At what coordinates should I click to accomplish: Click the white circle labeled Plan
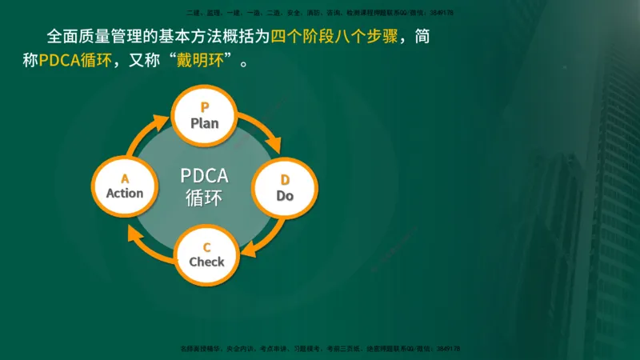(x=205, y=117)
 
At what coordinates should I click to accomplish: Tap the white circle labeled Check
(x=206, y=254)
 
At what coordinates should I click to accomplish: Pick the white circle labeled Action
(x=125, y=186)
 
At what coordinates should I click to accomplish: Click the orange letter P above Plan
(x=205, y=107)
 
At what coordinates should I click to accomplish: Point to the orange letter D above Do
(x=285, y=179)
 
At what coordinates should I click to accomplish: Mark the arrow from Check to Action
(x=149, y=242)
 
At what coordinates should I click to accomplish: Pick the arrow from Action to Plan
(x=148, y=132)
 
